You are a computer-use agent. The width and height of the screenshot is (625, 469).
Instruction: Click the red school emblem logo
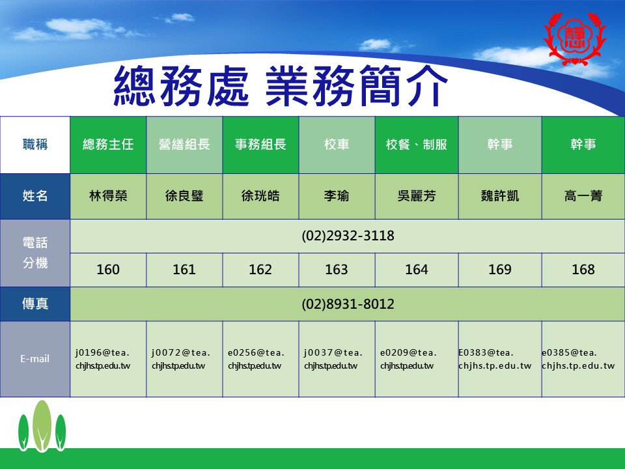tap(574, 38)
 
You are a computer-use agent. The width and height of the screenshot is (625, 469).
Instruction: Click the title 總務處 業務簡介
tap(281, 87)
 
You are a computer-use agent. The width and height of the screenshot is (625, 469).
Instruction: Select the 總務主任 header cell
tap(108, 145)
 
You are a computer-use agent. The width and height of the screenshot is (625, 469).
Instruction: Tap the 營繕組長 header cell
tap(184, 145)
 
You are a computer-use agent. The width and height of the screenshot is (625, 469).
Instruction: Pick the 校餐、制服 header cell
tap(417, 145)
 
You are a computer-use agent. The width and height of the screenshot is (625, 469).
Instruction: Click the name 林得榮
tap(108, 196)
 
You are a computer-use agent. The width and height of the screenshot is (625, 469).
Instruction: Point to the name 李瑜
tap(337, 196)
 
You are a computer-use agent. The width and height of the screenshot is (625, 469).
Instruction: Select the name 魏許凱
tap(500, 196)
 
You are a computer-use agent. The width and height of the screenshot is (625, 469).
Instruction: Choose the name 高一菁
tap(583, 196)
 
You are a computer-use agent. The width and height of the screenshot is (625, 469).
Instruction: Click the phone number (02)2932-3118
tap(348, 236)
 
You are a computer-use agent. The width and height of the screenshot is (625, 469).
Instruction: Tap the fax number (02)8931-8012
tap(348, 304)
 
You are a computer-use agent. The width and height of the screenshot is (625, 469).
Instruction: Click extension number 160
tap(108, 270)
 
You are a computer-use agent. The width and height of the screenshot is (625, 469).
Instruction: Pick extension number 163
tap(337, 270)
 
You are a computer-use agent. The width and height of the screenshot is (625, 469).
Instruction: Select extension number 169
tap(500, 270)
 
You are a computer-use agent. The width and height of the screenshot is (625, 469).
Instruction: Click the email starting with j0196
tap(103, 359)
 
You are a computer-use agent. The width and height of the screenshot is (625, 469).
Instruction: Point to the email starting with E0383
tap(495, 359)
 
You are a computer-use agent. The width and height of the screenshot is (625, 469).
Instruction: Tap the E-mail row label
tap(35, 359)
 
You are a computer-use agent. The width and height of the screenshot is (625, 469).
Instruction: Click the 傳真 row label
tap(35, 304)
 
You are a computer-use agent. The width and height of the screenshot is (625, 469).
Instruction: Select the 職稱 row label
tap(35, 145)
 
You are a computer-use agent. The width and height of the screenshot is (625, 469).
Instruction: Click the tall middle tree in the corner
tap(42, 426)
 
